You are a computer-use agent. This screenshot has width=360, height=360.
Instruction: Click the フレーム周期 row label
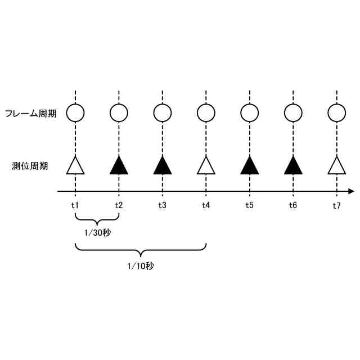coord(30,114)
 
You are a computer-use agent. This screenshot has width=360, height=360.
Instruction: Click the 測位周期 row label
coord(30,166)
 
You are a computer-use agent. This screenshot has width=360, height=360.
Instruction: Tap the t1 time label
coord(75,205)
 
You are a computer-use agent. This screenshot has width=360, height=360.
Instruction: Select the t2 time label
coord(118,205)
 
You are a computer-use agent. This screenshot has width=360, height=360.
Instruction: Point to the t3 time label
coord(162,205)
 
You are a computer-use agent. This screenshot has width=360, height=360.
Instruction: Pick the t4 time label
coord(206,205)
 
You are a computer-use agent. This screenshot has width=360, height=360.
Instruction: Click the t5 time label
coord(249,205)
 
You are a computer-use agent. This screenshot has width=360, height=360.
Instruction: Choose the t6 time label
coord(292,205)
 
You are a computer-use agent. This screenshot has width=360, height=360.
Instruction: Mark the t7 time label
coord(336,205)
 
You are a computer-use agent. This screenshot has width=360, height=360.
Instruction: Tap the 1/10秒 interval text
coord(140,265)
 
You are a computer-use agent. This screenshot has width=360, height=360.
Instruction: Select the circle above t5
coord(249,113)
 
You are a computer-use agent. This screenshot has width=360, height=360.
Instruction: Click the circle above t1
coord(75,113)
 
